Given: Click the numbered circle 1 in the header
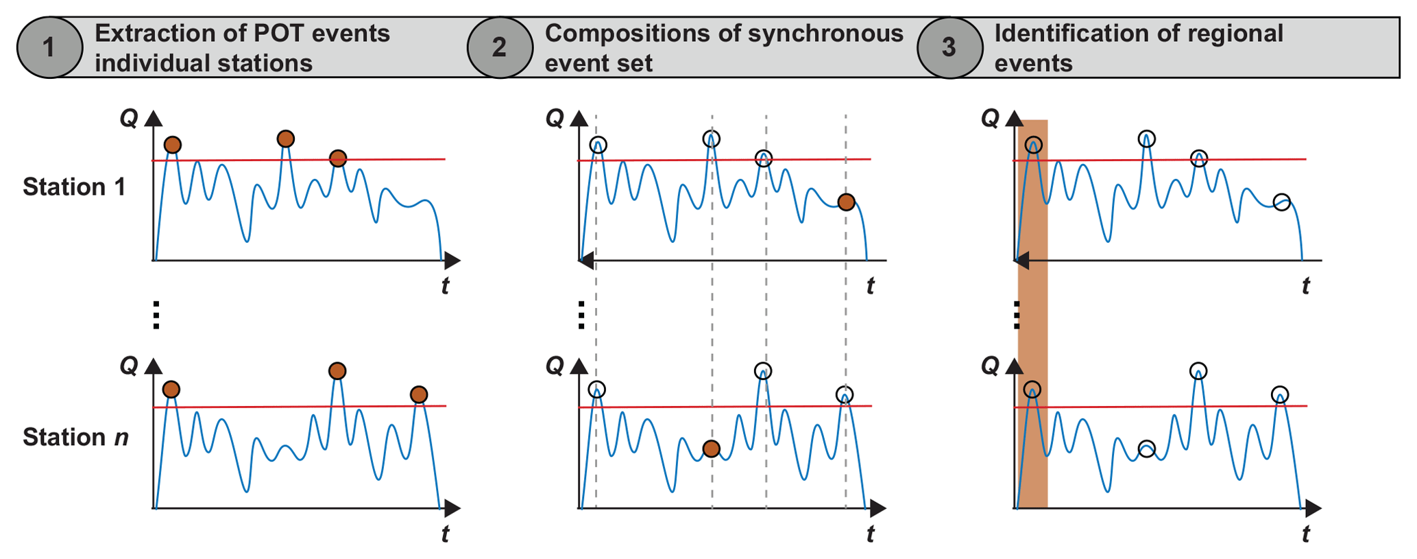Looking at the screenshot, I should pos(49,47).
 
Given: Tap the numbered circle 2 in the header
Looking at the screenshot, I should pos(500,47).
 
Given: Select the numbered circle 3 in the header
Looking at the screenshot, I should pos(949,47).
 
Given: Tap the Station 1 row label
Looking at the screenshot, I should pos(74,187).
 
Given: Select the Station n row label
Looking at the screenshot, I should pos(75,437).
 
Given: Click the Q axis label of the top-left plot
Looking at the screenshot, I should pos(129,119).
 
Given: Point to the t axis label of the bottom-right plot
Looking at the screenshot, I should pos(1305,534).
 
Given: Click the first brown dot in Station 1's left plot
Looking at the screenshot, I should pos(173,145).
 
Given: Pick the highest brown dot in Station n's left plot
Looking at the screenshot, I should pos(337,371).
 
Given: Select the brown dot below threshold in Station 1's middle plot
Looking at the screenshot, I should pos(847,202).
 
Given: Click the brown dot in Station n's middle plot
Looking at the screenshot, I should pos(712,449).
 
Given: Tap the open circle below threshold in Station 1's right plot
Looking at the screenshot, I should pos(1281,202).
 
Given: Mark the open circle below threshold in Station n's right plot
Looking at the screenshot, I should pos(1146,449).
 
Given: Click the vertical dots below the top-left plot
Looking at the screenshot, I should pos(156,315).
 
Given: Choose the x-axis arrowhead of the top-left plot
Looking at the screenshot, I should pos(452,261).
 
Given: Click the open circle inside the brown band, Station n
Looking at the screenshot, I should pos(1032,390).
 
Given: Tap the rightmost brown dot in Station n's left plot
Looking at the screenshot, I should pos(419,394).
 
